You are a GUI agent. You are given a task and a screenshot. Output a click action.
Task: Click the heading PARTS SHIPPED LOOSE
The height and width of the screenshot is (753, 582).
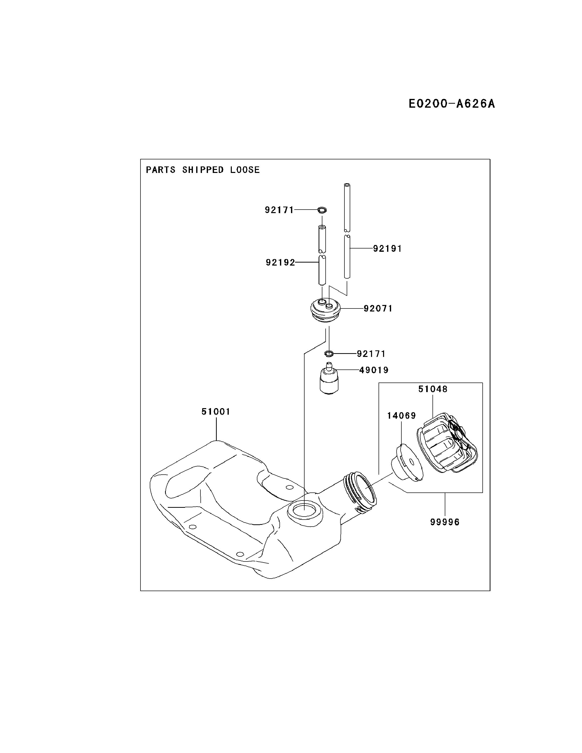pos(203,170)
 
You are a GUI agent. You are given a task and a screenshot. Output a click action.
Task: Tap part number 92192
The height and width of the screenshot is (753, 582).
pos(280,263)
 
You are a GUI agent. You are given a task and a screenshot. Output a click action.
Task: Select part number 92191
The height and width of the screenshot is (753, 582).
pos(387,248)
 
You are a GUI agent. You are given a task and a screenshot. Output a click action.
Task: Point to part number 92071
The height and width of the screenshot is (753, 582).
pos(378,308)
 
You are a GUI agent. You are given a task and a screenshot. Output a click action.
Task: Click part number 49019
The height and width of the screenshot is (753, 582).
pos(374,370)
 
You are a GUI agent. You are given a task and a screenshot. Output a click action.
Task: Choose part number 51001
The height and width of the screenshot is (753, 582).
pos(216,411)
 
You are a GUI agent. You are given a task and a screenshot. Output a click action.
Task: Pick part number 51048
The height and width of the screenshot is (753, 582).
pos(433,389)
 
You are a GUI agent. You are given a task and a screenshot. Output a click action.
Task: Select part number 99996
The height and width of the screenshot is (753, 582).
pos(445,522)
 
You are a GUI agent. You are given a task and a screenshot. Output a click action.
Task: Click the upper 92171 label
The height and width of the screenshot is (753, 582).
pos(279,210)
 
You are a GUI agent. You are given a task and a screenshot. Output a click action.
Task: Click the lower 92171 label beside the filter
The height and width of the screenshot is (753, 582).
pos(371,354)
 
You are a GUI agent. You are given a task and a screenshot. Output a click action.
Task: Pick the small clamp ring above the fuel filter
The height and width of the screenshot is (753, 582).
pos(329,353)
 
